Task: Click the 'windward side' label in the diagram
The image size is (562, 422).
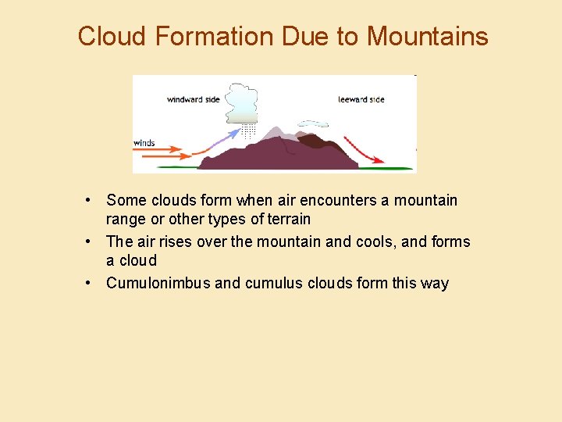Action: tap(193, 99)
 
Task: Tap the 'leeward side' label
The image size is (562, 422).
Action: tap(361, 99)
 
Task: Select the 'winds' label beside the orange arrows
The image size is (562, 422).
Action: tap(144, 143)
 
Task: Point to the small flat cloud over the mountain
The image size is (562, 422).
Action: tap(314, 123)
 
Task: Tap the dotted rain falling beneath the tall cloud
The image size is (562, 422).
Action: tap(248, 131)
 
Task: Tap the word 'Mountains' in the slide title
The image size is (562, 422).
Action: tap(427, 36)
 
